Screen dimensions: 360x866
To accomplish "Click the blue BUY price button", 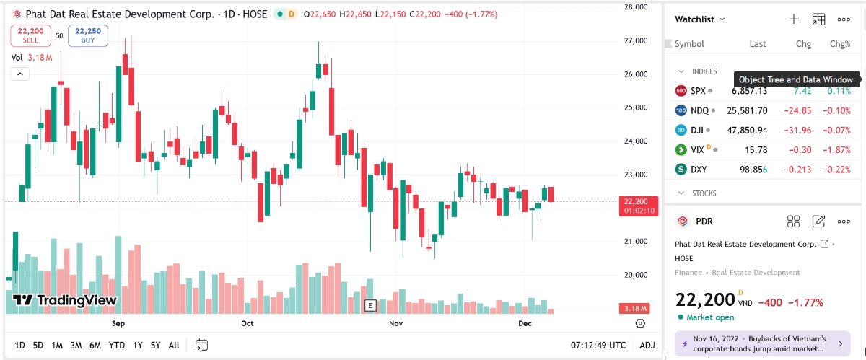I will click(87, 35).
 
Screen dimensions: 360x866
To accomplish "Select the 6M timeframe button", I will click(95, 345).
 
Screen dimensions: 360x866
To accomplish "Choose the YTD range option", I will click(117, 345).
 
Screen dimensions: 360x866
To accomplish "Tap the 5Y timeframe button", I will click(155, 345).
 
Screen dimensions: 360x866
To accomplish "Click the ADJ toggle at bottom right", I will click(647, 345).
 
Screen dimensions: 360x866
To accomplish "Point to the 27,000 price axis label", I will click(636, 40).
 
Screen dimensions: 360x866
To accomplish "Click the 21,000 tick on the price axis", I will click(636, 241).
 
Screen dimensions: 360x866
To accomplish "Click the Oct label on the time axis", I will click(248, 323).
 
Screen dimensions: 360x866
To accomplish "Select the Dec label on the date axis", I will click(525, 323).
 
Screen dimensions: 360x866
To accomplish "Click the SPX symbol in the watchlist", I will click(697, 91).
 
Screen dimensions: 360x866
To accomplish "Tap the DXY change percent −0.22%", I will click(837, 170).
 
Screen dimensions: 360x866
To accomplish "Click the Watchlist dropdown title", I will click(699, 19).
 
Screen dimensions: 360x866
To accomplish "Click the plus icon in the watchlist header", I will click(793, 19).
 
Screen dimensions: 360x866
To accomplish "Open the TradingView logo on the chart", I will click(64, 301).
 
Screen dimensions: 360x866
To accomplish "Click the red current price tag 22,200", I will click(636, 201).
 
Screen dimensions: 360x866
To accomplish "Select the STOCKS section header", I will click(704, 193).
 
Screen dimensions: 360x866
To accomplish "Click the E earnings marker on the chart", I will click(370, 304).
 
